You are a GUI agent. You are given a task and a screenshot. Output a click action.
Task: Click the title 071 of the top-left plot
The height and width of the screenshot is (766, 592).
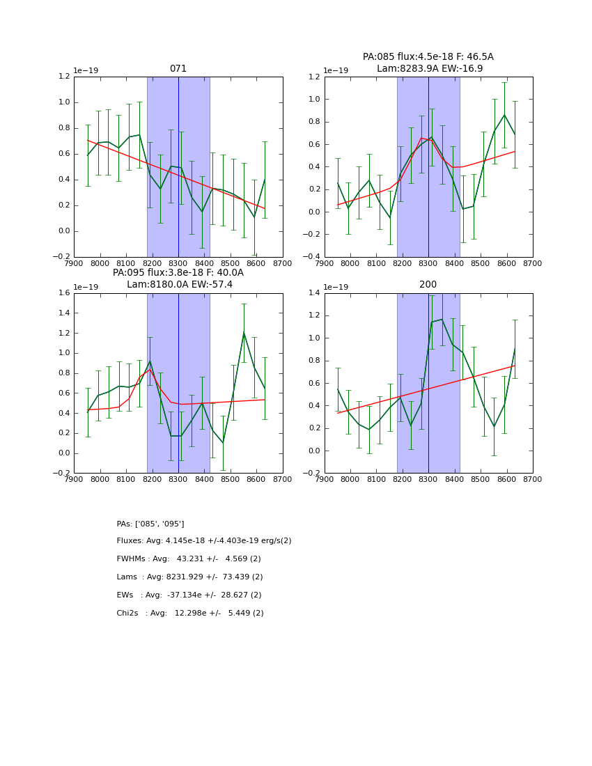(x=178, y=69)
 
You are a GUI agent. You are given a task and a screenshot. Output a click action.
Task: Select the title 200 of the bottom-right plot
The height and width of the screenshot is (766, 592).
(x=428, y=285)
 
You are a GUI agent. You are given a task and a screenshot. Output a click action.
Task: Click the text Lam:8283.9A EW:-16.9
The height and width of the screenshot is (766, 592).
(x=429, y=69)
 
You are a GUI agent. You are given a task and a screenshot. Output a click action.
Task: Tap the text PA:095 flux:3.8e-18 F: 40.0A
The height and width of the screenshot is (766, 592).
(x=178, y=273)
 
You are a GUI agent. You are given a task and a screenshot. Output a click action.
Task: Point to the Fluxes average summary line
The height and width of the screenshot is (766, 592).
(x=203, y=541)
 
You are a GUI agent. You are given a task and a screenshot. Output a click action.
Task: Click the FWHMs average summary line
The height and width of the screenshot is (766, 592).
(x=189, y=559)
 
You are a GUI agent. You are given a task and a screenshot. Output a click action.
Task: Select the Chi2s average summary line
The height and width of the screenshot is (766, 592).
(x=190, y=613)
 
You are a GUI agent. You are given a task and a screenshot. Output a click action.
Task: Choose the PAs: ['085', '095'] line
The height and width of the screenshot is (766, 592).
(x=150, y=524)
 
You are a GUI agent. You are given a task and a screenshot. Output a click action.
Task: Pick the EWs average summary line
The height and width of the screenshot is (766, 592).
(x=189, y=595)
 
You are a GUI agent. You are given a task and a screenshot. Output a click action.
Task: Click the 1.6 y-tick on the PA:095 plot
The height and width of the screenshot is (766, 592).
(x=64, y=293)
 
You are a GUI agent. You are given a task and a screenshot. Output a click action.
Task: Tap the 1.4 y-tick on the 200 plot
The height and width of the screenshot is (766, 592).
(x=315, y=293)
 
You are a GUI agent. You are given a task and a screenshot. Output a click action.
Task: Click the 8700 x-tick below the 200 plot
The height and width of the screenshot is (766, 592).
(x=532, y=480)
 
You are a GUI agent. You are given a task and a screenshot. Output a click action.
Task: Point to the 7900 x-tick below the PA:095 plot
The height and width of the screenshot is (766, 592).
(x=75, y=480)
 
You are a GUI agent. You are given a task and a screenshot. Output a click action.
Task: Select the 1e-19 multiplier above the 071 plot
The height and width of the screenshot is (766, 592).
(x=86, y=70)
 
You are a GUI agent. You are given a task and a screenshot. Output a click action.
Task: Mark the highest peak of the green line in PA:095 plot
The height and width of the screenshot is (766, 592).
(x=244, y=333)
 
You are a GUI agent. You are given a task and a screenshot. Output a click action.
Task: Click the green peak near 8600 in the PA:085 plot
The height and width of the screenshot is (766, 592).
(x=504, y=115)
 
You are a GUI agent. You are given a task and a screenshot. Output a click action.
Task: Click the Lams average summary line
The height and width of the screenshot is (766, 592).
(x=189, y=577)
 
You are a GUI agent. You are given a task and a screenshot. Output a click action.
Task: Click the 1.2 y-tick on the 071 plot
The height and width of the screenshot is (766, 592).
(x=64, y=77)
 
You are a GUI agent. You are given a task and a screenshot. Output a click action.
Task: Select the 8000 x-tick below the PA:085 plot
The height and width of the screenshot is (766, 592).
(x=350, y=264)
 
